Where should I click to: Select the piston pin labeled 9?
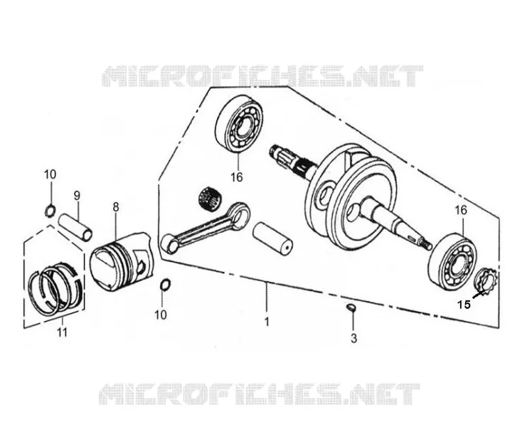(x=75, y=228)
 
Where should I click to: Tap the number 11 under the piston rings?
(x=63, y=332)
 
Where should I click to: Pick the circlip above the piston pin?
(x=50, y=211)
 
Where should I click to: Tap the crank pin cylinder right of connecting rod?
(x=272, y=239)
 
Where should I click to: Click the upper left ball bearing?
(x=240, y=125)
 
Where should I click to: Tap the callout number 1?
(x=267, y=322)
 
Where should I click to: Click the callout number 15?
(x=464, y=305)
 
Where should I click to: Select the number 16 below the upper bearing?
(x=237, y=177)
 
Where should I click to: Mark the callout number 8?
(x=115, y=207)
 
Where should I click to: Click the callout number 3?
(x=353, y=339)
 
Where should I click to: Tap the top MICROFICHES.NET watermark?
(x=262, y=76)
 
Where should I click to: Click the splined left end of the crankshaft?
(x=283, y=157)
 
